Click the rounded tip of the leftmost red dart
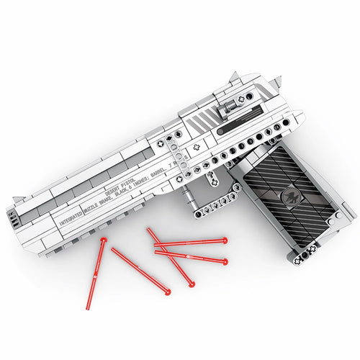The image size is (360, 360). coord(103,238)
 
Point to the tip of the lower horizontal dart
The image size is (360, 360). coord(225,261)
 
